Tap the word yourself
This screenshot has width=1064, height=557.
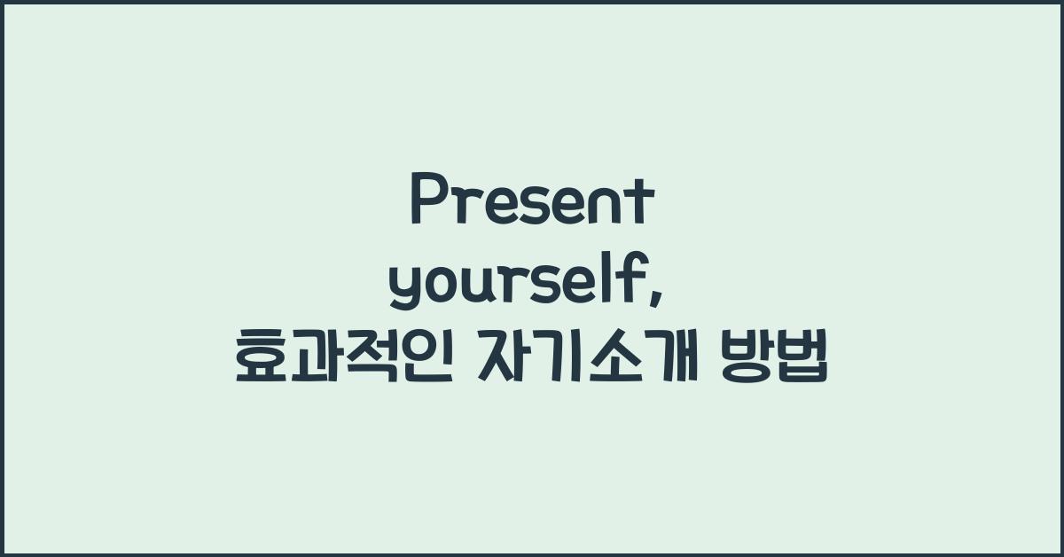click(522, 284)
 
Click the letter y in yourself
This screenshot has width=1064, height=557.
click(403, 291)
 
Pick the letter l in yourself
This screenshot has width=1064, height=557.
click(616, 281)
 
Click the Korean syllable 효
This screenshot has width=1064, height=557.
click(260, 363)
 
